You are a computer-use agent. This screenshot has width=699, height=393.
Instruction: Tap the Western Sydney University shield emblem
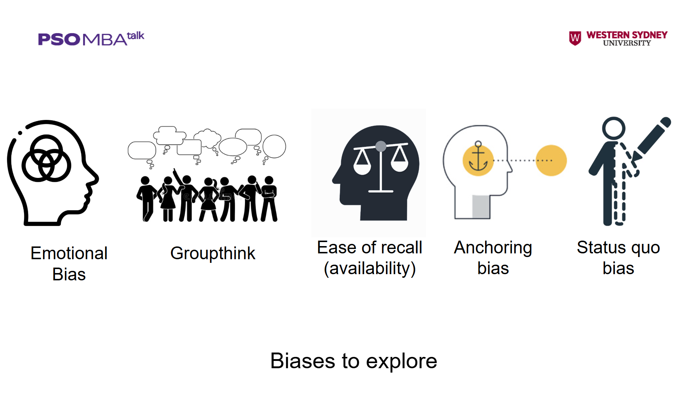[x=575, y=38]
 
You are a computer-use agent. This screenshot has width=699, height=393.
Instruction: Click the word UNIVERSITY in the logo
[x=627, y=43]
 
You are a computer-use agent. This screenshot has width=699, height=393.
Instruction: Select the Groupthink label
[x=213, y=253]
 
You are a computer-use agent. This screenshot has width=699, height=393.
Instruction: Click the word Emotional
[x=69, y=253]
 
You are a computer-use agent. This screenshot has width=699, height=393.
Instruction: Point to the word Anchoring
[x=493, y=248]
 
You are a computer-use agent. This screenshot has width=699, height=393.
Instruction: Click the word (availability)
[x=370, y=269]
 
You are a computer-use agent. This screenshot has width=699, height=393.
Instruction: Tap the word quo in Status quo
[x=646, y=248]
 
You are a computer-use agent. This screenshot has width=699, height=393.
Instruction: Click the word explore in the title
[x=402, y=362]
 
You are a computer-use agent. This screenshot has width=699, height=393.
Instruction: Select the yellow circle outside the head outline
[x=551, y=160]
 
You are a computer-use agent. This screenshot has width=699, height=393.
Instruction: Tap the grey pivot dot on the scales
[x=381, y=146]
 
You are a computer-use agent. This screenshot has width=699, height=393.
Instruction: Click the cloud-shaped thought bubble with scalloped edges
[x=207, y=138]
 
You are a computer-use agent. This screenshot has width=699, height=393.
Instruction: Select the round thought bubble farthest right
[x=274, y=146]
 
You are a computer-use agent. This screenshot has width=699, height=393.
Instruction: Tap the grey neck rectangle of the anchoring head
[x=481, y=207]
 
